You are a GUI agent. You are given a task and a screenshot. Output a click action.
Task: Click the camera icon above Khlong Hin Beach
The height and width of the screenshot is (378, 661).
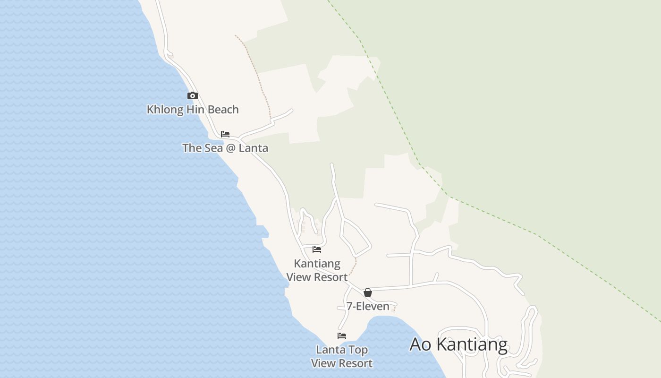click(192, 96)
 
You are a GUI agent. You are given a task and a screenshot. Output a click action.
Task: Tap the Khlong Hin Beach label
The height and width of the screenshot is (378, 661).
click(193, 110)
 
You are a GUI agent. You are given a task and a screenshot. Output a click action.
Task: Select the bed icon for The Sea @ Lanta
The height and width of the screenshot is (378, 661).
click(225, 134)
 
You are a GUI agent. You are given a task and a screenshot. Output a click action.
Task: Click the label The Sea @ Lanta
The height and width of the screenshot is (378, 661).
click(225, 148)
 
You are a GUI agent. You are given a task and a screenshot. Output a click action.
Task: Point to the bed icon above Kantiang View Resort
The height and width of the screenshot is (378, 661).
click(317, 249)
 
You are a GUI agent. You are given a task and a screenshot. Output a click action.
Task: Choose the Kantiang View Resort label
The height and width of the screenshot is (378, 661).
click(317, 270)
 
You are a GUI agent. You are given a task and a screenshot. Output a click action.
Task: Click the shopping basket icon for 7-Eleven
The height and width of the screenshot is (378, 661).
click(368, 292)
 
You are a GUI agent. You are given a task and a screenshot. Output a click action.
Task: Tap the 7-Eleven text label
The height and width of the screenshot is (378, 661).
click(368, 306)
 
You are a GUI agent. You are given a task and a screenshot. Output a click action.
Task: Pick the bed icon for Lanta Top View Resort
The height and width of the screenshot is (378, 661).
click(342, 336)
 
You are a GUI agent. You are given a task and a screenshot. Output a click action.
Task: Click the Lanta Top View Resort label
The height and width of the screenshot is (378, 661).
click(342, 356)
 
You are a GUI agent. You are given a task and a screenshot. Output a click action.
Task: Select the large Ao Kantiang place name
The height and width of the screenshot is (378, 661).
click(458, 344)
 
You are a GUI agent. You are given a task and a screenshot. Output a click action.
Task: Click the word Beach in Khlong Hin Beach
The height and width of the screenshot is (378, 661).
click(223, 110)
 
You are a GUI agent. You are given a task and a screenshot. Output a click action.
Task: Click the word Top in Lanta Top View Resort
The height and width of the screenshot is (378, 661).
click(359, 350)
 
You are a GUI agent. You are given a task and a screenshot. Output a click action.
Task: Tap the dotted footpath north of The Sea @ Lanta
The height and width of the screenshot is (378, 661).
click(255, 71)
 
